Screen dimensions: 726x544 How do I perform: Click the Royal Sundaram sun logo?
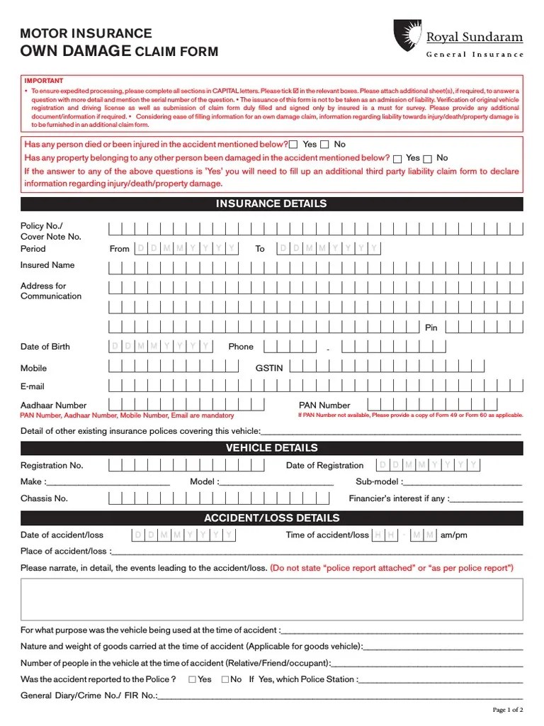click(x=406, y=35)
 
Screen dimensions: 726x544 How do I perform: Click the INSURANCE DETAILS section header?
click(x=271, y=204)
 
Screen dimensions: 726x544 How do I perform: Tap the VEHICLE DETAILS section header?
click(x=271, y=448)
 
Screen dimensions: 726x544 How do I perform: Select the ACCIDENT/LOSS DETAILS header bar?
click(x=271, y=518)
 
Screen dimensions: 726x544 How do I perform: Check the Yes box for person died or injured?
click(x=293, y=145)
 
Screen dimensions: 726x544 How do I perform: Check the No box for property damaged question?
click(x=427, y=159)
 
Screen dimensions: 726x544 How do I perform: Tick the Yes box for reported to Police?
click(x=193, y=679)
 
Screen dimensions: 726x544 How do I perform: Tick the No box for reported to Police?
click(x=225, y=679)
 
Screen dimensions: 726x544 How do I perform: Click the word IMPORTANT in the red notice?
click(x=44, y=81)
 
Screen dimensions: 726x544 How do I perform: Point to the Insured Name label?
click(x=47, y=265)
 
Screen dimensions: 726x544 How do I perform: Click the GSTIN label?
click(x=269, y=369)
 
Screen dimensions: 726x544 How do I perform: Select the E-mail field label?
click(x=33, y=386)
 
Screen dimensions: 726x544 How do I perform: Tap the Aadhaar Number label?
click(x=54, y=406)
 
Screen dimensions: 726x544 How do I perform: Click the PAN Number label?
click(x=324, y=406)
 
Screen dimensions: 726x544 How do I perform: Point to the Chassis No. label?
click(x=44, y=498)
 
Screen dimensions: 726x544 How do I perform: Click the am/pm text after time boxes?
click(x=454, y=535)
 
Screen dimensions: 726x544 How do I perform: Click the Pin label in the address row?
click(x=431, y=328)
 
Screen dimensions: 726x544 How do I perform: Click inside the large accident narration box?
click(x=271, y=599)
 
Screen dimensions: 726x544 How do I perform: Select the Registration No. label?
click(x=52, y=466)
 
